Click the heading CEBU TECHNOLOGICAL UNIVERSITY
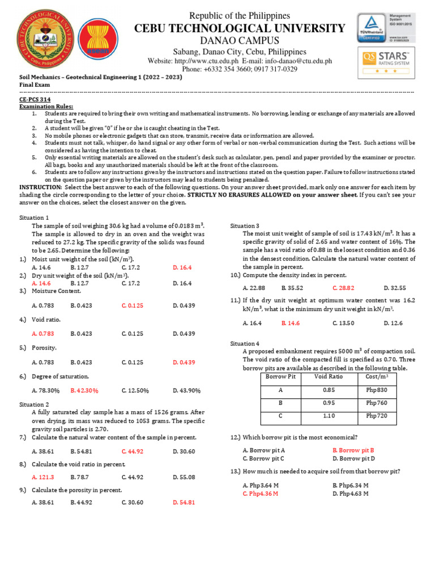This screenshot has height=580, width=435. (239, 28)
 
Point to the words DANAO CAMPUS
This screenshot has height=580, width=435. (239, 40)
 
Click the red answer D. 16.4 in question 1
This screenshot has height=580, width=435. (182, 267)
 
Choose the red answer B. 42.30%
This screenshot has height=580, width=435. (85, 390)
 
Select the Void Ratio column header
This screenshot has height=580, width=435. (329, 376)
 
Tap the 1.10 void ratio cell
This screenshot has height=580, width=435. (329, 416)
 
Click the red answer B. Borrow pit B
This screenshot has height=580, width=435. (353, 450)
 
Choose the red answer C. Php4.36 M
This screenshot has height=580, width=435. (260, 493)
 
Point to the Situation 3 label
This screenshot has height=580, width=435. (245, 225)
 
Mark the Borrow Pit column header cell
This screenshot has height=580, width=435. (281, 376)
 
